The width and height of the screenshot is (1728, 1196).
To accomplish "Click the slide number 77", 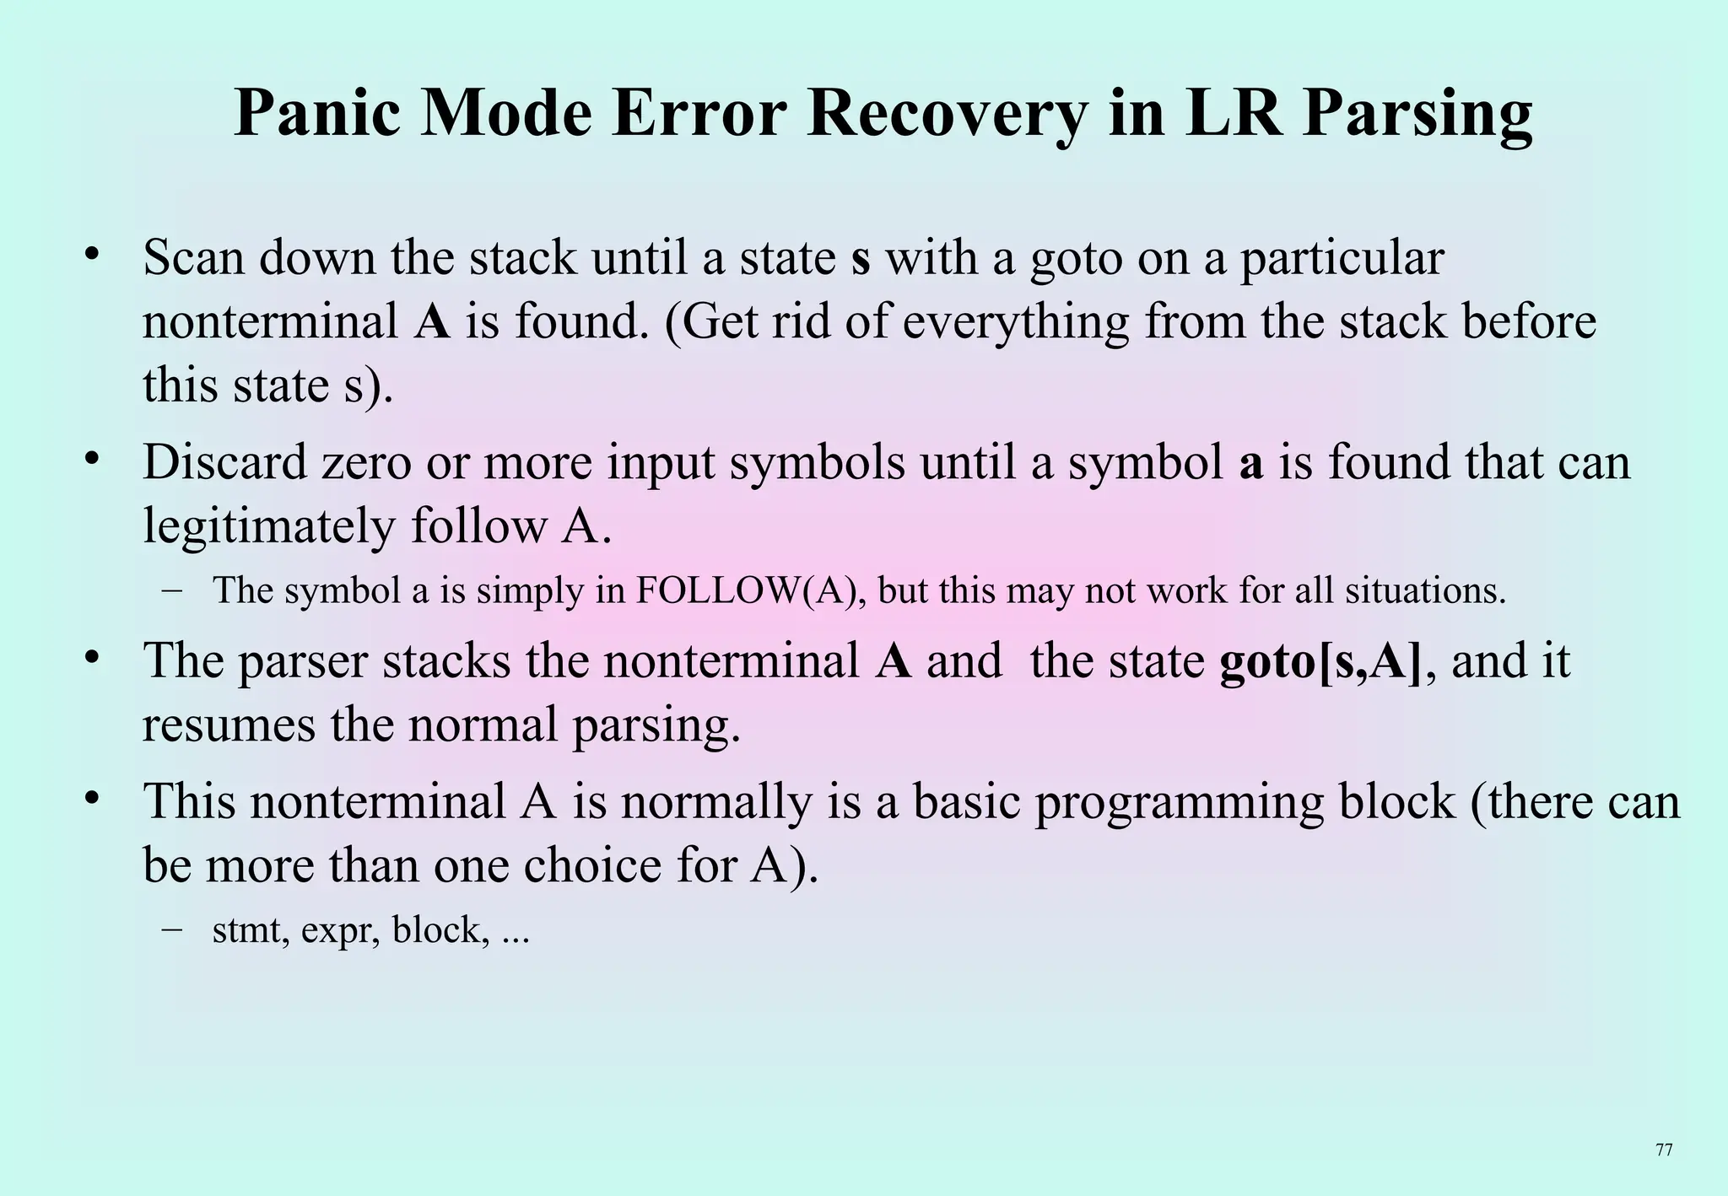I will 1664,1150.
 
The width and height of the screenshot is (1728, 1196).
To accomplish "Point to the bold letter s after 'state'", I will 860,258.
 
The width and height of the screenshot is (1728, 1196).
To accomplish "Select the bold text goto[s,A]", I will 1320,660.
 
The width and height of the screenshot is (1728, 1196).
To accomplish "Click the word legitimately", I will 269,527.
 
